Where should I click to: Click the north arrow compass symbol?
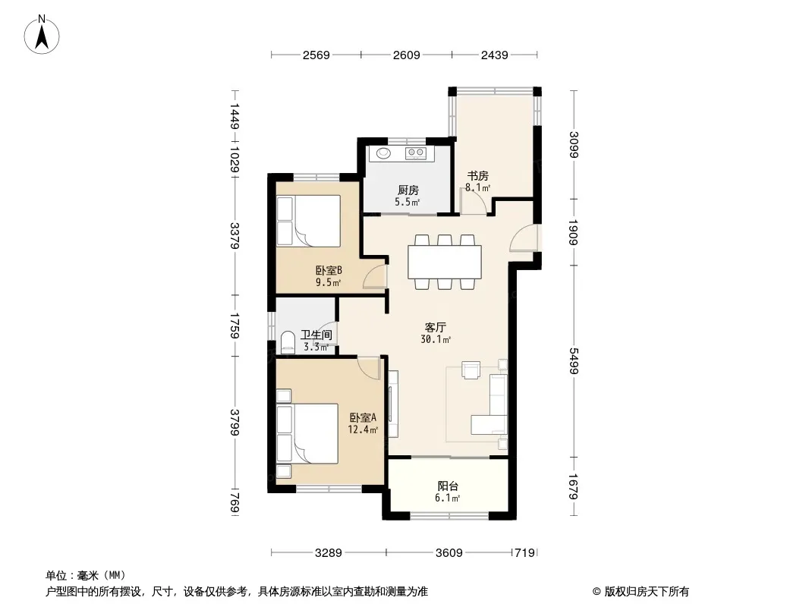point(42,35)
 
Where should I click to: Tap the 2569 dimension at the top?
point(316,55)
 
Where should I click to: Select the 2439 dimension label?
point(495,55)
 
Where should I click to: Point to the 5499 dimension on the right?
point(573,361)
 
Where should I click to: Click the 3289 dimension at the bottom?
point(329,553)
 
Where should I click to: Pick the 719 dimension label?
point(524,553)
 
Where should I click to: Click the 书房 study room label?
point(478,176)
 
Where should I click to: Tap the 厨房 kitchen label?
point(408,190)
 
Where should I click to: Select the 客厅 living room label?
point(436,328)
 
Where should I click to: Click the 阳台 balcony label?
point(448,486)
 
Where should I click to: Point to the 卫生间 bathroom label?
point(316,335)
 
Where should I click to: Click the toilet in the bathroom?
point(288,342)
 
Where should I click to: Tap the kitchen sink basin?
point(383,153)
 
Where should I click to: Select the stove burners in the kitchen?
point(415,153)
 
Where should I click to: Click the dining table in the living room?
point(445,262)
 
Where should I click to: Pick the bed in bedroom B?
point(309,221)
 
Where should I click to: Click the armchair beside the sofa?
point(471,370)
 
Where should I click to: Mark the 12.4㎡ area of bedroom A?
point(363,429)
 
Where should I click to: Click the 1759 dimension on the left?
point(235,326)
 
